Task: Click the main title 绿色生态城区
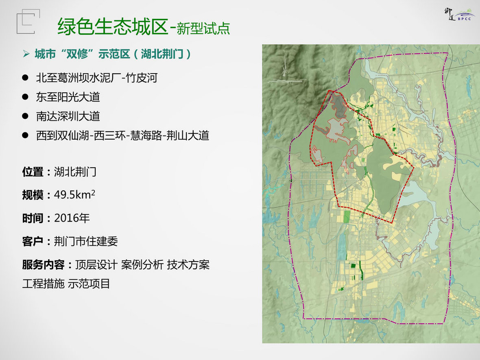point(113,26)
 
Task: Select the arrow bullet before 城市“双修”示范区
point(26,54)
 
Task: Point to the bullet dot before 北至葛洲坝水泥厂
point(25,78)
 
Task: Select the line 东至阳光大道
point(68,97)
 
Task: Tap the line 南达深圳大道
point(68,116)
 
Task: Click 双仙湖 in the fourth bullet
point(74,135)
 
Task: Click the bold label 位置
point(33,172)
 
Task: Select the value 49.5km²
point(74,195)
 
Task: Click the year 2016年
point(72,218)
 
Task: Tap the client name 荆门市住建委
point(86,242)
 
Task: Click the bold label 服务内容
point(43,265)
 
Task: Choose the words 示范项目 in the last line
point(89,284)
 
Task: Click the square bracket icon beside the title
point(28,22)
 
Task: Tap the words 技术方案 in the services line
point(188,265)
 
